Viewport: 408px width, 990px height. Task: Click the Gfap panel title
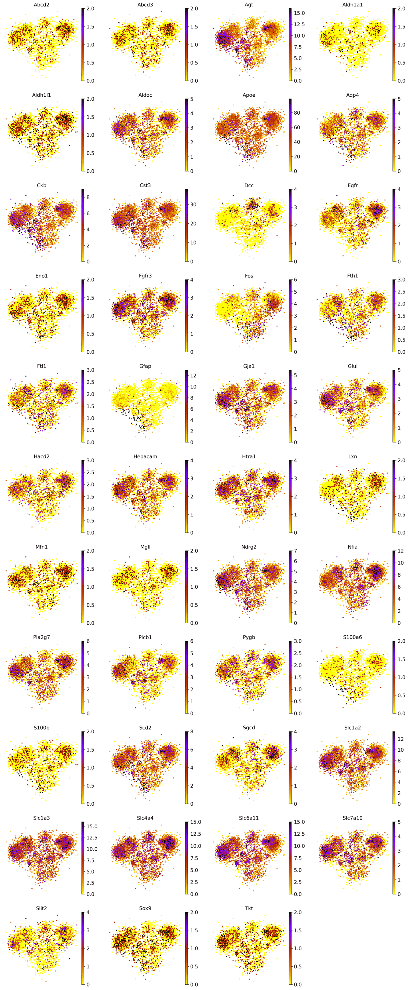tap(145, 366)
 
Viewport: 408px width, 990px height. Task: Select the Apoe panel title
tap(249, 95)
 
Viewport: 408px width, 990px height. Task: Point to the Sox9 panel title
tap(145, 908)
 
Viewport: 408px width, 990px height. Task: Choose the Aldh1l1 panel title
tap(42, 95)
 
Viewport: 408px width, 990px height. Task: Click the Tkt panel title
tap(249, 908)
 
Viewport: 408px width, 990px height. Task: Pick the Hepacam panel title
tap(145, 457)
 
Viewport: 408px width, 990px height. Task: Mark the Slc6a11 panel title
tap(249, 818)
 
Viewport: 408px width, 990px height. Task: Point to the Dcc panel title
tap(249, 185)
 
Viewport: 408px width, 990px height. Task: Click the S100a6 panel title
tap(352, 637)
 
